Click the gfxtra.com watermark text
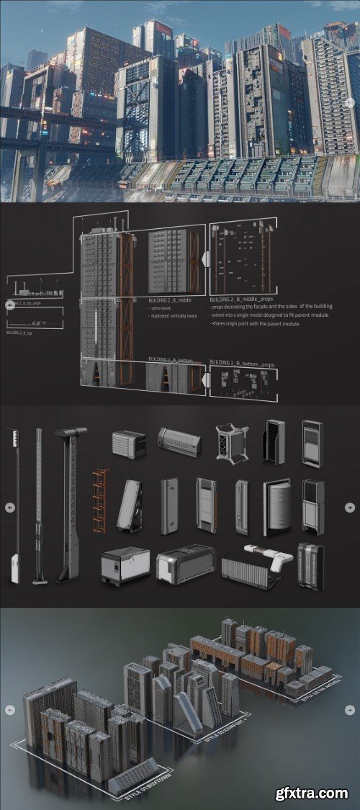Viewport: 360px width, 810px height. click(311, 793)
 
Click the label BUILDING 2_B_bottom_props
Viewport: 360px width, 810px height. click(241, 365)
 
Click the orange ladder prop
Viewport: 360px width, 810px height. click(100, 500)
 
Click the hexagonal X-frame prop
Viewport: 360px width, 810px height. click(231, 440)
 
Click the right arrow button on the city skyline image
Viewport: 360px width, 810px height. click(350, 102)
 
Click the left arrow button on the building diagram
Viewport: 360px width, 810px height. click(9, 305)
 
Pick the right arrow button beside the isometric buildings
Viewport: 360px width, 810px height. click(350, 708)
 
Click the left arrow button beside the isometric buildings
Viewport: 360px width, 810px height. click(9, 708)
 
